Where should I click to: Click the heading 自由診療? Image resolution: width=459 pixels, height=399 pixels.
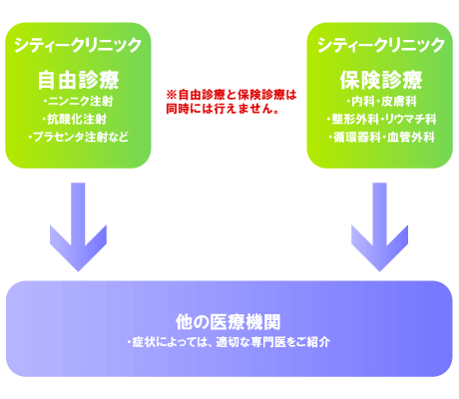[78, 80]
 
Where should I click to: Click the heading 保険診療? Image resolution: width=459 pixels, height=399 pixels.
[381, 80]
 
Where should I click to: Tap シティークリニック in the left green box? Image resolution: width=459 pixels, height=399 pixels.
[78, 45]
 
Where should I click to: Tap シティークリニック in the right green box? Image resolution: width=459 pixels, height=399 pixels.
[381, 45]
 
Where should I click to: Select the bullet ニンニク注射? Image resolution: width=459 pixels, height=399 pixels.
[81, 102]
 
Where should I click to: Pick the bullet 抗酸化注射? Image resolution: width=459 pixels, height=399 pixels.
[77, 119]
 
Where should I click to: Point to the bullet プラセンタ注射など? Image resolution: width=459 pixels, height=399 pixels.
[81, 137]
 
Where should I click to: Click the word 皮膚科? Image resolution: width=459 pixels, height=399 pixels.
[399, 102]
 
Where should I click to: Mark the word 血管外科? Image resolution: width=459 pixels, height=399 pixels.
[411, 137]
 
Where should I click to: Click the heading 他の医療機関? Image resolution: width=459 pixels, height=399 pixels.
[229, 322]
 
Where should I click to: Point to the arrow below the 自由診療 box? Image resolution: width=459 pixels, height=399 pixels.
[78, 226]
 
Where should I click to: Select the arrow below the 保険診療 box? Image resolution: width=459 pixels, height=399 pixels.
[379, 226]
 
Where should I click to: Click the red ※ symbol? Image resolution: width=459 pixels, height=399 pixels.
[172, 95]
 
